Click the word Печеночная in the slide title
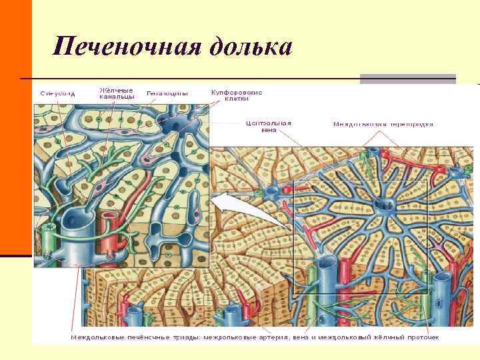pos(126,47)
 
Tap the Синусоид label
pos(57,93)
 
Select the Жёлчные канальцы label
pos(117,93)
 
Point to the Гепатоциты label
pos(167,93)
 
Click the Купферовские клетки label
pos(237,95)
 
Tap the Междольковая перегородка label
pos(383,124)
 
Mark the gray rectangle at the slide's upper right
pos(407,79)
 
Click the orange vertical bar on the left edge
pos(15,127)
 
